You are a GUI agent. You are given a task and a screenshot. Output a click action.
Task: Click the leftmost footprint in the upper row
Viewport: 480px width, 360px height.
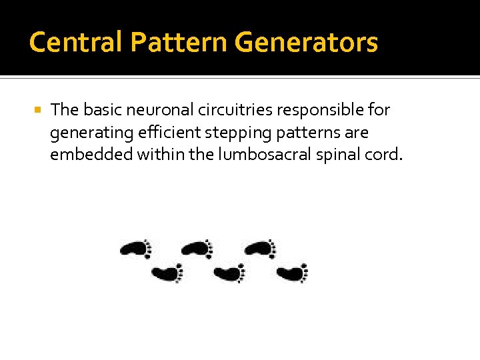(136, 249)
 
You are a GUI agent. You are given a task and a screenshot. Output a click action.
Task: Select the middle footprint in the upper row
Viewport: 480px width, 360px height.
(197, 249)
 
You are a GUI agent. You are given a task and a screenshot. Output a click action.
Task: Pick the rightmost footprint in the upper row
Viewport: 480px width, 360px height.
(260, 249)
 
